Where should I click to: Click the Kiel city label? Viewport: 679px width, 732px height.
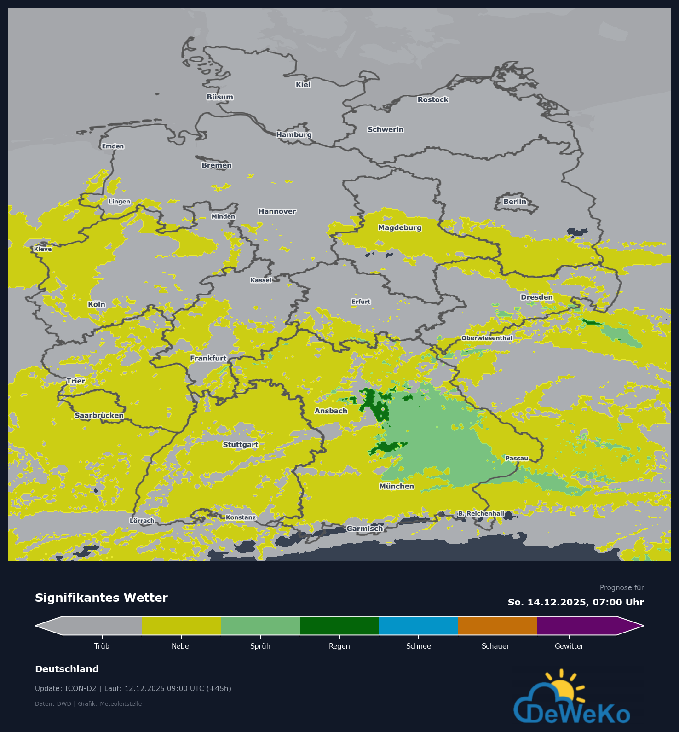[303, 85]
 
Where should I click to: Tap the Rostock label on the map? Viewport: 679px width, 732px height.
[433, 99]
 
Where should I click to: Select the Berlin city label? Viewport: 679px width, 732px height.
[514, 202]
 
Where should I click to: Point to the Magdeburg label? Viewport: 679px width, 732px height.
[399, 227]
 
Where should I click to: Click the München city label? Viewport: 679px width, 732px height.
[397, 486]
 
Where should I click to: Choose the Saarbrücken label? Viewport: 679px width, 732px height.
[99, 415]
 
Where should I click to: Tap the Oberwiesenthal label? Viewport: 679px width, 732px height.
[487, 338]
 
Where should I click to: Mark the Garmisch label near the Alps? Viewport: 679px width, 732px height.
[364, 529]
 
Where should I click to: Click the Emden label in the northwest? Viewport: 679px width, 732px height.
[113, 146]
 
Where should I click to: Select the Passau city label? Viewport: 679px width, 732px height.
[517, 458]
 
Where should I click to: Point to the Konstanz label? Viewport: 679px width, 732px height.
[241, 517]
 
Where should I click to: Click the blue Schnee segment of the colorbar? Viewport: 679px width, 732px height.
[418, 626]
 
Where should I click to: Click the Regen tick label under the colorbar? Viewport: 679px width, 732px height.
[339, 646]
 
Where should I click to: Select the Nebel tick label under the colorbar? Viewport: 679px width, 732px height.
[181, 646]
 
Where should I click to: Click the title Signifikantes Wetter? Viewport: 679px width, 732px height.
[101, 598]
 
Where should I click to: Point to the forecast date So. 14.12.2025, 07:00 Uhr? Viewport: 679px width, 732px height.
[575, 602]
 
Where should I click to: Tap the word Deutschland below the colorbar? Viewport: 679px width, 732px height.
[67, 669]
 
